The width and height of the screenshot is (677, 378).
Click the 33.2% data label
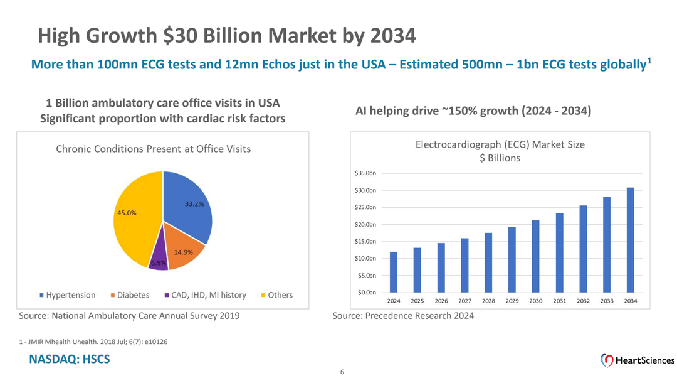(194, 204)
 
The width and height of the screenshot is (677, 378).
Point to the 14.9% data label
(183, 252)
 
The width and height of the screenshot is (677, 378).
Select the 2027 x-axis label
(464, 301)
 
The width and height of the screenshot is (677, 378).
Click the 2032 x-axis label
(583, 301)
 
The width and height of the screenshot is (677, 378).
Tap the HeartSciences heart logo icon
(607, 360)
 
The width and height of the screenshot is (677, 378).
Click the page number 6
(342, 372)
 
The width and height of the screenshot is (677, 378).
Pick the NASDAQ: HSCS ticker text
(69, 359)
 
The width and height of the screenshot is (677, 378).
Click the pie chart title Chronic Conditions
(153, 149)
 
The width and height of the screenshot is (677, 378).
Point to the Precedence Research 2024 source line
(403, 315)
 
